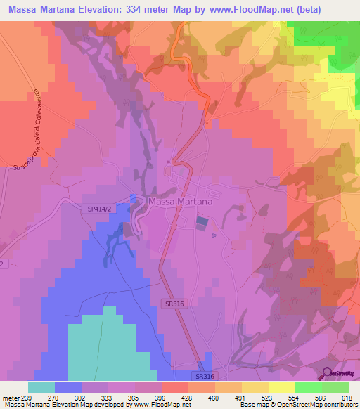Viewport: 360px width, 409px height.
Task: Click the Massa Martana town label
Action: pyautogui.click(x=181, y=202)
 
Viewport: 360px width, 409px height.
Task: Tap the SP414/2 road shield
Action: pyautogui.click(x=100, y=209)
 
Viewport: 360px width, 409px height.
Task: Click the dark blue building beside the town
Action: pyautogui.click(x=202, y=222)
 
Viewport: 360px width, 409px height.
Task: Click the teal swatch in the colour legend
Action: pyautogui.click(x=41, y=387)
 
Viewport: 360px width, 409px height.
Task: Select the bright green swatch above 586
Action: pyautogui.click(x=309, y=387)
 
